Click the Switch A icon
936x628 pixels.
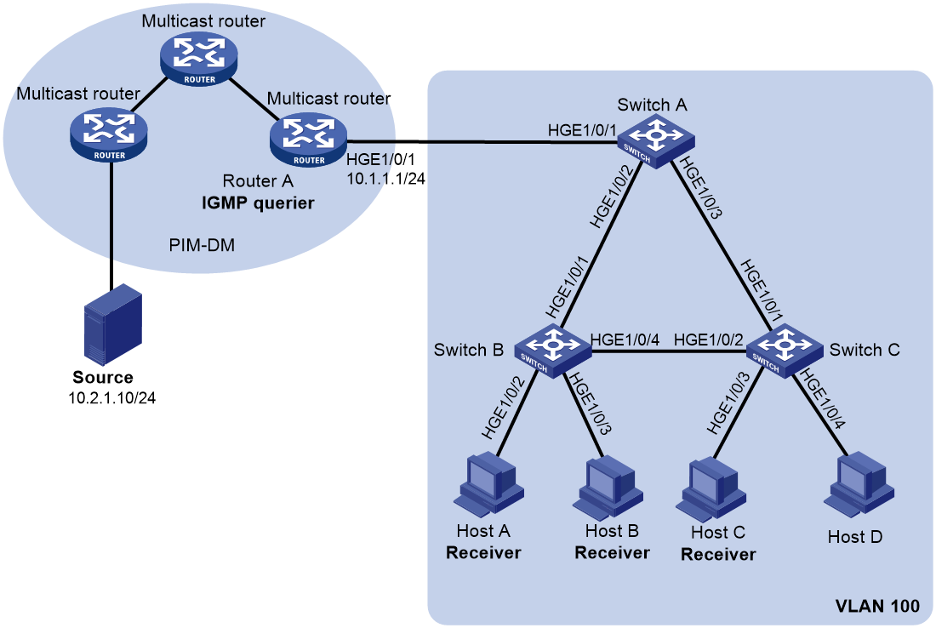655,141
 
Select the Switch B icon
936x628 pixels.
553,351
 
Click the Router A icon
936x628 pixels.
308,140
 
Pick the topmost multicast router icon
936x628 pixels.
199,60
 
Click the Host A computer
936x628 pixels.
489,484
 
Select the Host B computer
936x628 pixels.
608,487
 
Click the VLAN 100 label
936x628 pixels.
877,606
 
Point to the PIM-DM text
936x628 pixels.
202,245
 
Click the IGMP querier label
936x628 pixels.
258,203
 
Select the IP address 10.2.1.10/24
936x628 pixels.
112,397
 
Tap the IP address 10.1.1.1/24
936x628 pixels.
385,178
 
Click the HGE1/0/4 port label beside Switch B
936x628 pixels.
625,340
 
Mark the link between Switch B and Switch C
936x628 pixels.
669,351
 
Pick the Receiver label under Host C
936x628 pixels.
718,555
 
